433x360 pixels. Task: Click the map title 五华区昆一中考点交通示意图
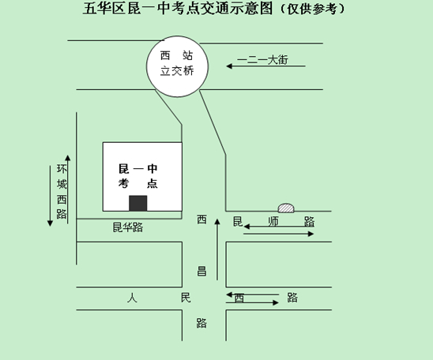[178, 8]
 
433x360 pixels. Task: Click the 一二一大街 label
[262, 59]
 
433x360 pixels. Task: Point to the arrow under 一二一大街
[265, 66]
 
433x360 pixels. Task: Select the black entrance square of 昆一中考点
[137, 204]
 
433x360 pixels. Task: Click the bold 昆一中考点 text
[137, 176]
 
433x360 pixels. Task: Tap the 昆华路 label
[127, 227]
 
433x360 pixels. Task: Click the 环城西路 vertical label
[62, 192]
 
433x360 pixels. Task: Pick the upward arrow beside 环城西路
[68, 189]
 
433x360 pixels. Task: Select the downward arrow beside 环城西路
[50, 196]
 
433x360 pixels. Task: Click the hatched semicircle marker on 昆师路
[286, 208]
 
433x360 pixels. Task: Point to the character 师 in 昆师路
[273, 222]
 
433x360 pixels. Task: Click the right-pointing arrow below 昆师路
[278, 234]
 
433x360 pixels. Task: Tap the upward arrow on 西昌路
[217, 249]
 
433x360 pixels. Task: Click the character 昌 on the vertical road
[201, 271]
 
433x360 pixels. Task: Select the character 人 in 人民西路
[132, 298]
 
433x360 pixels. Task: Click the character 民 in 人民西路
[186, 298]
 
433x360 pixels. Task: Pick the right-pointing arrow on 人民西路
[252, 302]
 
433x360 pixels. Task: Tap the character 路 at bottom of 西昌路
[201, 323]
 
